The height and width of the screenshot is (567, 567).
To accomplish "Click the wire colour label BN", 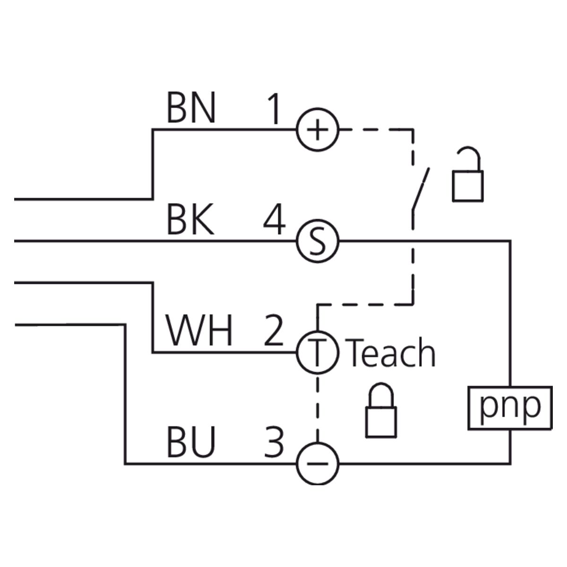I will point(191,108).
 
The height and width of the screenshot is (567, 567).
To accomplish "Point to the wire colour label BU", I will point(190,443).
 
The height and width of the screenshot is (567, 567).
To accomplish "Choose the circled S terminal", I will point(318,241).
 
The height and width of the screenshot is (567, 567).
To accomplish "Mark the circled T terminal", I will point(318,352).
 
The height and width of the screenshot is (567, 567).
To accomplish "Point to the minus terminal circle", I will point(318,464).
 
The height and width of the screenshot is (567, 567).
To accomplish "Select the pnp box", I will point(510,408).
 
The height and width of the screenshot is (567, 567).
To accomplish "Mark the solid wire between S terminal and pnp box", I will point(425,241).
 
